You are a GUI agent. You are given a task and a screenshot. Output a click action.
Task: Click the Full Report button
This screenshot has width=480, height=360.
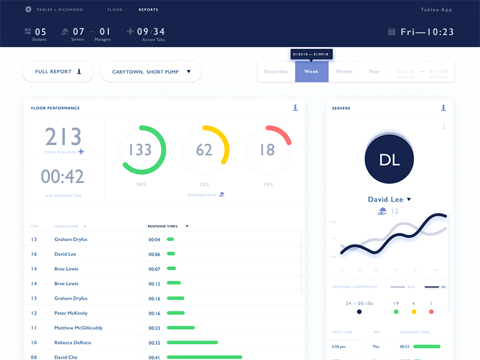(58, 71)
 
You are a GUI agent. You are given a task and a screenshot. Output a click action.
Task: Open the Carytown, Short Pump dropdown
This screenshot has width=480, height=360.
(151, 71)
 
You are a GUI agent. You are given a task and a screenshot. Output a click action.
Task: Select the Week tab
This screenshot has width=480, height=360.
(311, 71)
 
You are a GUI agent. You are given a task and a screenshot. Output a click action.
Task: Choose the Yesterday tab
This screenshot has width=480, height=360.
(276, 71)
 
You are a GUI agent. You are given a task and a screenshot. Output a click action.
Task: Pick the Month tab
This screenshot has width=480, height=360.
(344, 71)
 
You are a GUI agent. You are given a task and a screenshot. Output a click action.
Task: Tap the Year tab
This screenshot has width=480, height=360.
(374, 71)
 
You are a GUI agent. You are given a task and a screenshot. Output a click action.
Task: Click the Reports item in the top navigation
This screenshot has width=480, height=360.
(148, 10)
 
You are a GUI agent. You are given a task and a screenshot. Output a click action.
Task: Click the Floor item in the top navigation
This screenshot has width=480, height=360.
(115, 10)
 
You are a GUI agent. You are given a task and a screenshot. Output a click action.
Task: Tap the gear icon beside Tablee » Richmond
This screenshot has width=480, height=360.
(28, 10)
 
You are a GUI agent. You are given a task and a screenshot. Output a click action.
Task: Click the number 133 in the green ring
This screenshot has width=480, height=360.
(140, 149)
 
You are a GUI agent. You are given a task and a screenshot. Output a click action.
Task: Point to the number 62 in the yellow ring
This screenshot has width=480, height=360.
(205, 149)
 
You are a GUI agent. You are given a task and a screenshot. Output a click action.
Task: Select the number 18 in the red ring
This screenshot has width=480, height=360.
(268, 149)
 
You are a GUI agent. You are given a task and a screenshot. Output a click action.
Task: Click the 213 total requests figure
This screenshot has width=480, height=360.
(64, 137)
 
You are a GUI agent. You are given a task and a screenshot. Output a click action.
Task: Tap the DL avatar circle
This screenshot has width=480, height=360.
(389, 159)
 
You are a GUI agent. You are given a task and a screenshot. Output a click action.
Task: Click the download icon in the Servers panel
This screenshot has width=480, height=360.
(443, 108)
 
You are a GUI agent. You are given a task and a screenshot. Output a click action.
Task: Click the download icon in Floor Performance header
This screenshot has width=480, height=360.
(295, 108)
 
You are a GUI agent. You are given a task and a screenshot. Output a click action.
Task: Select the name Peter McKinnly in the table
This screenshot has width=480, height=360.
(71, 313)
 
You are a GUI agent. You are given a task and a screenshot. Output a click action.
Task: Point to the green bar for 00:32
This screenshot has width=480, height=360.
(192, 343)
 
